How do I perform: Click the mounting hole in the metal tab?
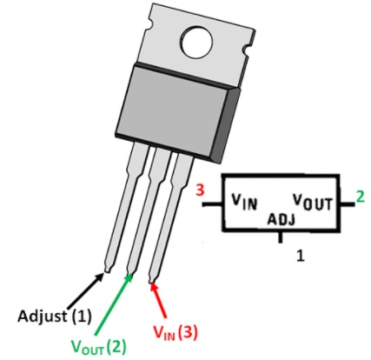(197, 43)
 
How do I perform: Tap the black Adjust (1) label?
(55, 316)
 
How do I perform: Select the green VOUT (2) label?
(99, 347)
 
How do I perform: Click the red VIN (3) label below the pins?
(176, 332)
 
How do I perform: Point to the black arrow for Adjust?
(86, 290)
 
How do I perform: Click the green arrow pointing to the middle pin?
(113, 303)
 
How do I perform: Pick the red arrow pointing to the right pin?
(159, 300)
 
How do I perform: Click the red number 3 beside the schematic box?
(200, 190)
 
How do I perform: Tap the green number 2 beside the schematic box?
(360, 197)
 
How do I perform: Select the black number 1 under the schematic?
(301, 256)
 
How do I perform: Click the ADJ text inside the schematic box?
(281, 219)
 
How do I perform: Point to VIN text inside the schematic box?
(244, 201)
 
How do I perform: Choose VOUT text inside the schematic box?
(312, 202)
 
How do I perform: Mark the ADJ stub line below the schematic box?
(280, 237)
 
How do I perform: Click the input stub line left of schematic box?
(212, 204)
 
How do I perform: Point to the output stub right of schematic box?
(347, 204)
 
